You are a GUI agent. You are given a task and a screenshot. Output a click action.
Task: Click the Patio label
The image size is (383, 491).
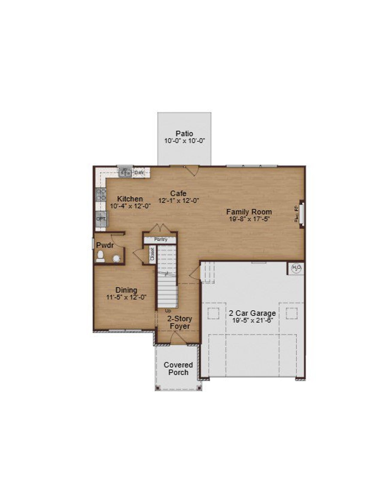point(184,133)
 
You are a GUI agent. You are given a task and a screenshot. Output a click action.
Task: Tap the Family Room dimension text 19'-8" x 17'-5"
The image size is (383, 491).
point(249,219)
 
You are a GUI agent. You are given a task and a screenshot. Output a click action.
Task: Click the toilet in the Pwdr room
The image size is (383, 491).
point(100,256)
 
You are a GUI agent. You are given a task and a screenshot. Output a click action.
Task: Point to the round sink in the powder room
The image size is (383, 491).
point(116,258)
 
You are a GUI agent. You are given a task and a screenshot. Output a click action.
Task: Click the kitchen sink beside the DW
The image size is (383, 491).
point(125,173)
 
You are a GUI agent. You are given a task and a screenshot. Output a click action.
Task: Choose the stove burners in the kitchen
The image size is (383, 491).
point(101,194)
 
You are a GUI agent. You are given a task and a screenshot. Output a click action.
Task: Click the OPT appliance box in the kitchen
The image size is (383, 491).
point(101,219)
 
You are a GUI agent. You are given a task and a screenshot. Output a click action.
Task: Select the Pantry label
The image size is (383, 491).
point(161,240)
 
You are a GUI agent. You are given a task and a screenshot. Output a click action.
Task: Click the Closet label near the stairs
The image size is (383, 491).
point(152,254)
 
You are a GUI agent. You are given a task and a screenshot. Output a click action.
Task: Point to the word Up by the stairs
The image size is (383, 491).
point(168,311)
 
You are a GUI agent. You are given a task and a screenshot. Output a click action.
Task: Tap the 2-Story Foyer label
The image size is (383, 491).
point(180,322)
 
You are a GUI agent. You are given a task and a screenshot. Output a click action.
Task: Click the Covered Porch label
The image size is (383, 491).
point(178,369)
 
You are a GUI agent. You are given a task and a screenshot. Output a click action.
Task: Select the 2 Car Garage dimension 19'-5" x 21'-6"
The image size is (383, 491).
point(253,320)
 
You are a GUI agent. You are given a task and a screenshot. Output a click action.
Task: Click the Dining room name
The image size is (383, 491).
point(126,290)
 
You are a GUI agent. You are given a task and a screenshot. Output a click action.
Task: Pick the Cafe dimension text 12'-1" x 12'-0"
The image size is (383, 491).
point(179,201)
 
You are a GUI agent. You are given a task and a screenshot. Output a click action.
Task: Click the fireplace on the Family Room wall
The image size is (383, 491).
point(302,214)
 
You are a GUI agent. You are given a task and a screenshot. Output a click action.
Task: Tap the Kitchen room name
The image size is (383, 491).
point(130,199)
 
